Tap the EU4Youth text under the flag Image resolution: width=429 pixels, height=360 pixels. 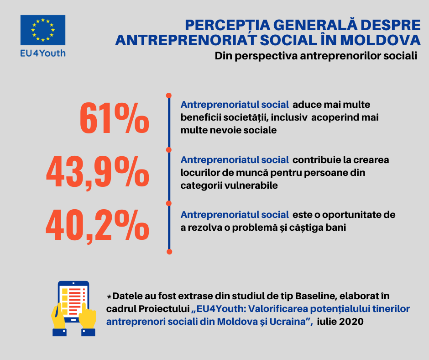(43, 53)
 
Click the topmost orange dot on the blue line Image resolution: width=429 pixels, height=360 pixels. (169, 95)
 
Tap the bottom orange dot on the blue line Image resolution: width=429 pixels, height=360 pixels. (169, 252)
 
